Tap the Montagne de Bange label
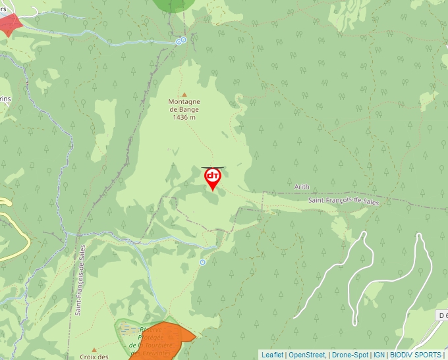coord(184,105)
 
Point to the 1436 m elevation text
coord(184,117)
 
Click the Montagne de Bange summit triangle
coord(184,94)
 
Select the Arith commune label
coord(302,187)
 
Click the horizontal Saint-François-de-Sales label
coord(345,200)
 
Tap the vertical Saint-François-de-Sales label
coord(80,280)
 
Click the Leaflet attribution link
coord(272,355)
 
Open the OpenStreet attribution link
coord(307,355)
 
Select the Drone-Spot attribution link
coord(350,355)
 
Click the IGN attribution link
coord(379,355)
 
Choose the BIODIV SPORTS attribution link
coord(416,355)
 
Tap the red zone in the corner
coord(9,25)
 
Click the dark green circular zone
coord(174,5)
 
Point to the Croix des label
coord(94,356)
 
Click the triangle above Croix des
coord(94,349)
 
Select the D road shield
coord(442,316)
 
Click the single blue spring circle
coord(203,262)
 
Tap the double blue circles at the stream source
coord(181,41)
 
